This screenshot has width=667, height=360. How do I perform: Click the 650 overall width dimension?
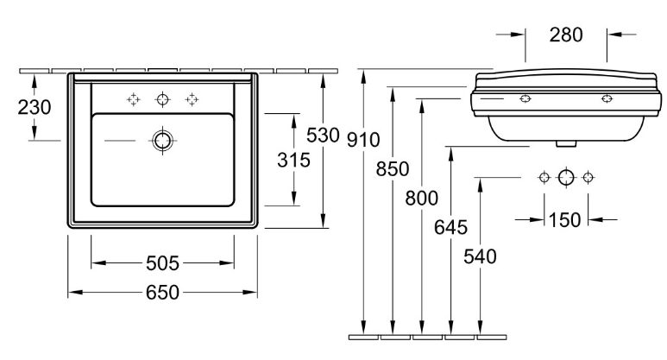pyautogui.click(x=162, y=293)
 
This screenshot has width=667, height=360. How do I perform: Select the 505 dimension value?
pyautogui.click(x=162, y=263)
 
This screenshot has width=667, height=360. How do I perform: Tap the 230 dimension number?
pyautogui.click(x=34, y=107)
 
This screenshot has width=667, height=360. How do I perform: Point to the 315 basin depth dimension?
pyautogui.click(x=293, y=160)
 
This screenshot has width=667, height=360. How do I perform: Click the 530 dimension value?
pyautogui.click(x=323, y=136)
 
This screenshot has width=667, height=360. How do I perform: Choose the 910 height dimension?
pyautogui.click(x=363, y=140)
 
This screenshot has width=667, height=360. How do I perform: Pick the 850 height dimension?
pyautogui.click(x=393, y=169)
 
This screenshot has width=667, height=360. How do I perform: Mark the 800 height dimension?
pyautogui.click(x=421, y=199)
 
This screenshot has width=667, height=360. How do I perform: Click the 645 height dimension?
pyautogui.click(x=450, y=227)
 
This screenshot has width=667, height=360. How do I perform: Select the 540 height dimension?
pyautogui.click(x=480, y=256)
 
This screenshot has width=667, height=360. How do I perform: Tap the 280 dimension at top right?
pyautogui.click(x=566, y=35)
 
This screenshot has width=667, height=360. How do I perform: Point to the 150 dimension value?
pyautogui.click(x=565, y=220)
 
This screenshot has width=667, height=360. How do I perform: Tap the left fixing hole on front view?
pyautogui.click(x=525, y=98)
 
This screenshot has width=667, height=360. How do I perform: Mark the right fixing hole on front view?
pyautogui.click(x=607, y=98)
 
